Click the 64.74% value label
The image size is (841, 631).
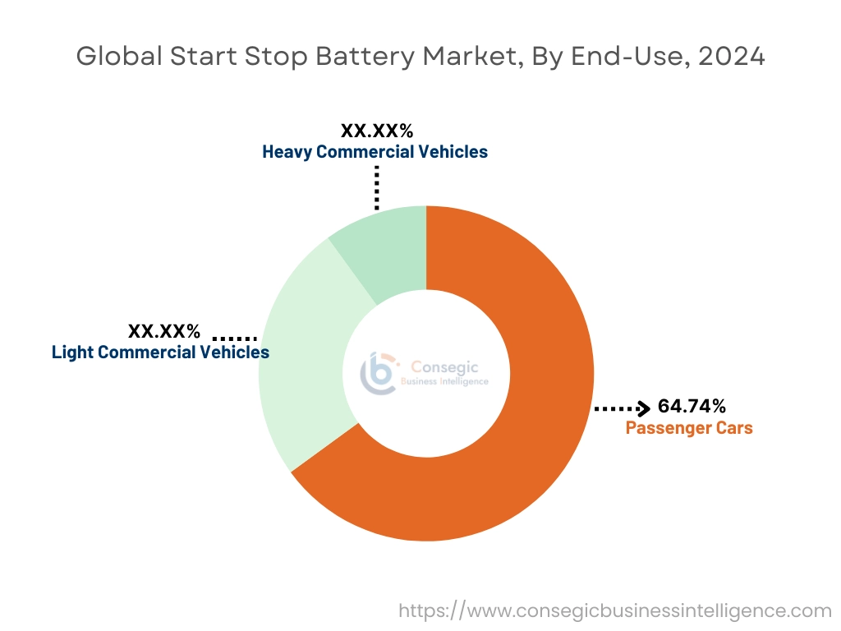692,406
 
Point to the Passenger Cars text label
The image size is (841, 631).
688,428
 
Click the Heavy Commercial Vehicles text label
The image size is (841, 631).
375,152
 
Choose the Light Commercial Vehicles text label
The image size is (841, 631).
160,352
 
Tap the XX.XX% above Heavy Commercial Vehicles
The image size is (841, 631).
376,131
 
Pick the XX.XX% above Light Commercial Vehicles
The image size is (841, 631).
164,331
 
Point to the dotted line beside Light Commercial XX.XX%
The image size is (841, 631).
235,338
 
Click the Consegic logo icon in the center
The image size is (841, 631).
379,374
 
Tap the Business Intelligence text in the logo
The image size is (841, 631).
444,381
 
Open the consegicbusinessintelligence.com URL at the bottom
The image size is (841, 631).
615,610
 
